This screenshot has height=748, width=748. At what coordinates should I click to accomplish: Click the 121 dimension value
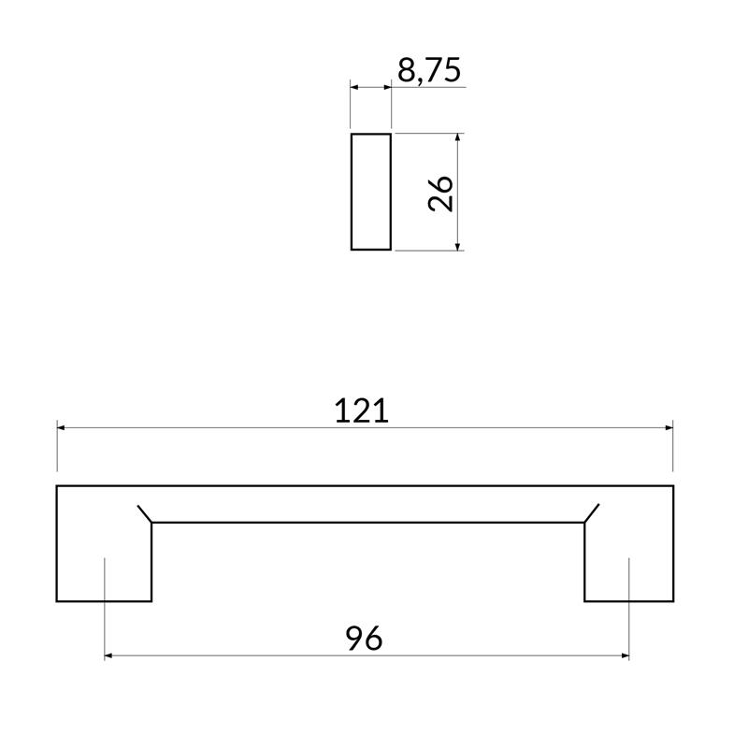(x=362, y=410)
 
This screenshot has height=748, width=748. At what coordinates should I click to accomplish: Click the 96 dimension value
(x=365, y=639)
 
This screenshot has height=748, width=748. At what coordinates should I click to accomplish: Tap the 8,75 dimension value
(x=429, y=71)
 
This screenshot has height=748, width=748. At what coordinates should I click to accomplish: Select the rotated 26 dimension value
(x=440, y=193)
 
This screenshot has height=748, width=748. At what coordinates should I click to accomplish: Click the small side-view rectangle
(x=370, y=192)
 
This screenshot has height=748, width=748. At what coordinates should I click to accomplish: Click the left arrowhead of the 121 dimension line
(x=62, y=427)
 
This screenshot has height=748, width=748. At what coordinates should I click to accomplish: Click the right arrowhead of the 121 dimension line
(x=668, y=427)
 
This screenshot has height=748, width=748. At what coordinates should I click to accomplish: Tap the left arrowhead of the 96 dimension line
(x=109, y=655)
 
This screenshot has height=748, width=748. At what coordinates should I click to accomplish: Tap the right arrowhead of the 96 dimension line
(x=624, y=655)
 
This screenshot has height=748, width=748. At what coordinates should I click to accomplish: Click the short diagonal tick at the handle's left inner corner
(x=144, y=513)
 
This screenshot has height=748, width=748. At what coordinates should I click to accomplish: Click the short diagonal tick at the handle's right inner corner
(x=592, y=513)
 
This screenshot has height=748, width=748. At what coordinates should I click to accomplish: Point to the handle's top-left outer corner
(x=57, y=486)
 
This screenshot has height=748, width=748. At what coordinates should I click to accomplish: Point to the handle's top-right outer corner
(x=672, y=486)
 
